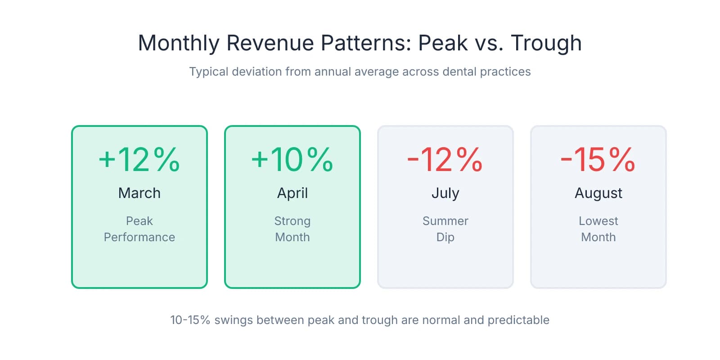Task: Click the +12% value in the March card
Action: (139, 160)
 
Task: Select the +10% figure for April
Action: (292, 160)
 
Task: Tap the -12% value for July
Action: (445, 160)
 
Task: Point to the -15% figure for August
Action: (598, 160)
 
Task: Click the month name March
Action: (139, 193)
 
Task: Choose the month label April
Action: (292, 193)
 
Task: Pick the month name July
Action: (445, 193)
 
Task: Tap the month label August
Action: (598, 193)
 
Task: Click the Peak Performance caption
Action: (139, 229)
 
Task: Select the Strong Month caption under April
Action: (292, 229)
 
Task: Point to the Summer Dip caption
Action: (445, 229)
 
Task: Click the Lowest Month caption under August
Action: (598, 229)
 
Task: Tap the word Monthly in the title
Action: (179, 44)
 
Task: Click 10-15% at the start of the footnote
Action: (190, 320)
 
